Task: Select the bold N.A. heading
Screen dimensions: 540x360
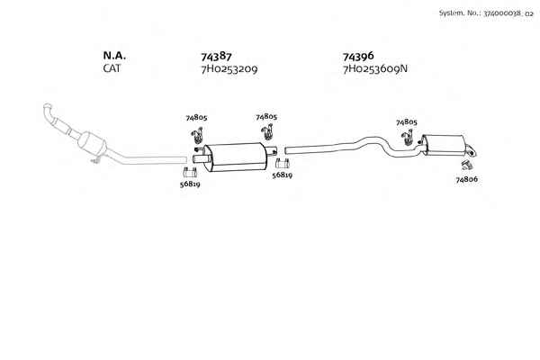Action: coord(114,56)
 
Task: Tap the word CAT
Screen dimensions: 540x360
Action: coord(112,68)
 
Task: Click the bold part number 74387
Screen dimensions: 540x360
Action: coord(216,56)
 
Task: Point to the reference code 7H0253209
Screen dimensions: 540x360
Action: coord(229,69)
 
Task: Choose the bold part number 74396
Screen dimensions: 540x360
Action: coord(358,56)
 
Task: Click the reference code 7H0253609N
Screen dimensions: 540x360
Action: coord(374,68)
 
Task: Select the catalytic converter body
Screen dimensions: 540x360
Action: coord(92,144)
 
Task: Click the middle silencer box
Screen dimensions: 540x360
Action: coord(236,157)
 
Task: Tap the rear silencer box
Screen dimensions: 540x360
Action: coord(444,144)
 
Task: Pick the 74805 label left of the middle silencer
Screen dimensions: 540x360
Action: coord(196,118)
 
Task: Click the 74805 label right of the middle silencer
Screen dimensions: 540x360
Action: coord(266,117)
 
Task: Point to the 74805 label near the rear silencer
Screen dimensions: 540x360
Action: coord(407,122)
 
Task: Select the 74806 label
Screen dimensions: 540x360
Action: coord(466,179)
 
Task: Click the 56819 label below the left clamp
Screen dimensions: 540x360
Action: coord(190,184)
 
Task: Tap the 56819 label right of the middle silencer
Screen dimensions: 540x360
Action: coord(282,175)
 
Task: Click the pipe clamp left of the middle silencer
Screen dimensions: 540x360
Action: coord(190,172)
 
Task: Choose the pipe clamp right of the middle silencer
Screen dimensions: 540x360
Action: coord(282,163)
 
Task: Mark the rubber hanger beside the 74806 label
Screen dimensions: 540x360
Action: coord(466,166)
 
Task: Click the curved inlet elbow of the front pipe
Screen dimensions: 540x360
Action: coord(49,112)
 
